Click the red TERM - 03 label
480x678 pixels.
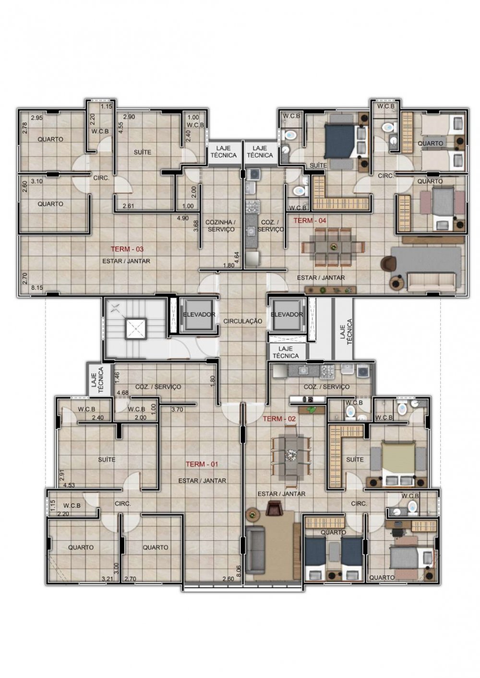coord(127,250)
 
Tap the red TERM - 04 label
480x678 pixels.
coord(310,221)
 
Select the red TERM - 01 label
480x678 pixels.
coord(202,464)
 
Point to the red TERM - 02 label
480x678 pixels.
coord(279,419)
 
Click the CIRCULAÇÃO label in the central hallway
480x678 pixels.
coord(242,321)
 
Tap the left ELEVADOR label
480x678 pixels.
coord(199,314)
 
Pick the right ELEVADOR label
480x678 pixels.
coord(287,314)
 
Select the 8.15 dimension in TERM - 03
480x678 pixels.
coord(37,288)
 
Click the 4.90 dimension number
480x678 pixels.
coord(182,218)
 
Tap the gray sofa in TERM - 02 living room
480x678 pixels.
coord(255,550)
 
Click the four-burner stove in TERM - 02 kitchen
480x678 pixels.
coord(327,371)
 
